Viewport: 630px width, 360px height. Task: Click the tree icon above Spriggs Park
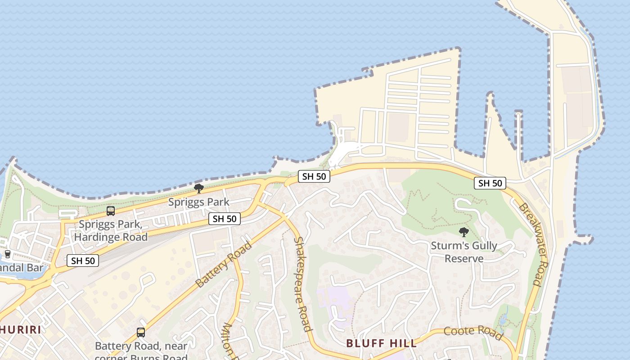[x=198, y=188]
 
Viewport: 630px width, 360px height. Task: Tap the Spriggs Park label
[x=199, y=202]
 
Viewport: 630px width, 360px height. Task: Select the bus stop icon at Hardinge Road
[x=110, y=211]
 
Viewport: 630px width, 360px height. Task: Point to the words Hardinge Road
[x=111, y=237]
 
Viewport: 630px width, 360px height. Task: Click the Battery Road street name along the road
[x=224, y=265]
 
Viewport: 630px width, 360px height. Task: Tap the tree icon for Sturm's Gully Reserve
[x=463, y=232]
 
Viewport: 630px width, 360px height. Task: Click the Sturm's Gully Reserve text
[x=464, y=252]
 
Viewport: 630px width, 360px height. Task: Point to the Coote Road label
[x=473, y=333]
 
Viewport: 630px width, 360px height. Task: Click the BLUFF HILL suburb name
[x=381, y=343]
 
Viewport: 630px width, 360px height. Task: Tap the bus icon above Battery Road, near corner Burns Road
[x=141, y=333]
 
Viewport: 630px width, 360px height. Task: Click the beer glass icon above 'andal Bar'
[x=8, y=254]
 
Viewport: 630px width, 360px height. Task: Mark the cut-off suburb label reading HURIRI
[x=20, y=329]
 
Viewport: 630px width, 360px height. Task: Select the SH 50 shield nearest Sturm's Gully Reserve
[x=490, y=183]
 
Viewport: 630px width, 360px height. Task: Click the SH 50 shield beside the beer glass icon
[x=83, y=260]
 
